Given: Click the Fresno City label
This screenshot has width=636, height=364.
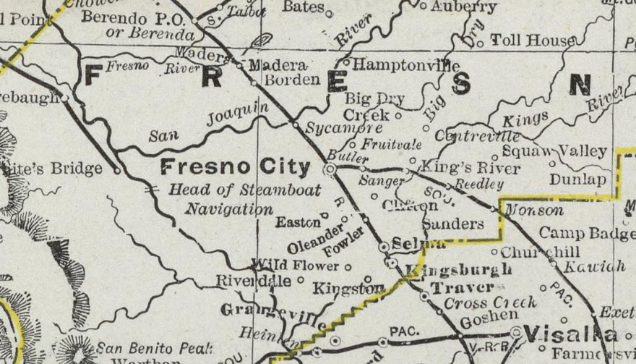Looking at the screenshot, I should point(235,168).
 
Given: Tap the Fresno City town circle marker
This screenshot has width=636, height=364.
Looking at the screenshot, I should point(330,169).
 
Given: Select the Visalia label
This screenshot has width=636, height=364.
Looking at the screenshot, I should point(571,334).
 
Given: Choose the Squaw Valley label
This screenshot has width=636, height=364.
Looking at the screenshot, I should point(554,151).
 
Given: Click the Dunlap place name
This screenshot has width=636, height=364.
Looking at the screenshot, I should point(577,179).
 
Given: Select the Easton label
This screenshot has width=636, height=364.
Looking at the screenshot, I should point(298,223).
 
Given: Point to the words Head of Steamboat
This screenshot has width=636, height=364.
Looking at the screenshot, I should point(224,190).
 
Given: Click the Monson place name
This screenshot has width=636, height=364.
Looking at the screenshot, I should point(533,211).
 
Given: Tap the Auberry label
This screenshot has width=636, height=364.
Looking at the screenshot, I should point(463,7).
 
